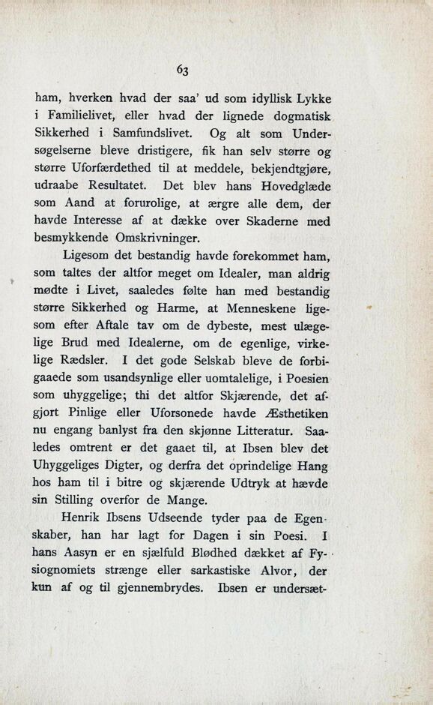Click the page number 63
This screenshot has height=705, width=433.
click(x=183, y=69)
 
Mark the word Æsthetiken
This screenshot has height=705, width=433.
click(x=297, y=414)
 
